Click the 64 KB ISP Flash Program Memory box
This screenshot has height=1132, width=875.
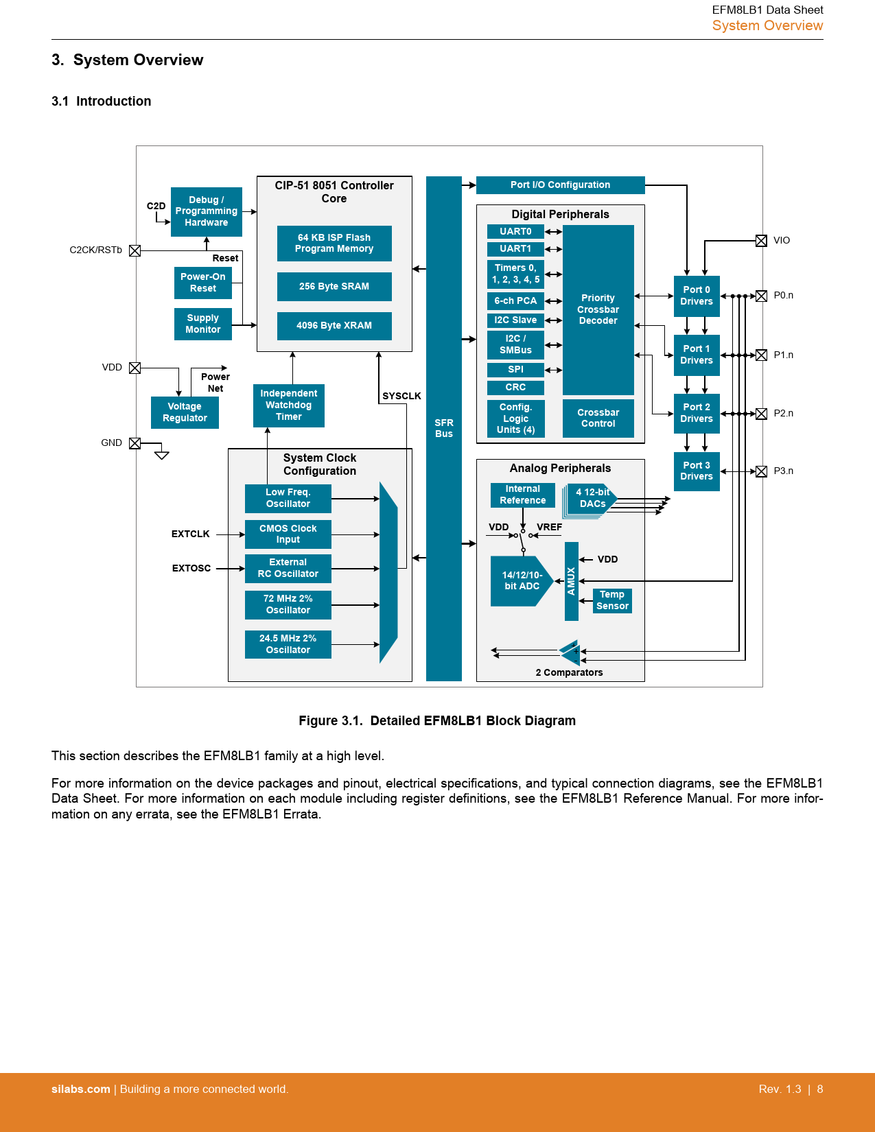334,244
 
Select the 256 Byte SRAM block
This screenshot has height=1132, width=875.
334,287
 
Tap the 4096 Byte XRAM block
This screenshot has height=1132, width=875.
334,326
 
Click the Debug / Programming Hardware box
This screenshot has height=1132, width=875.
206,211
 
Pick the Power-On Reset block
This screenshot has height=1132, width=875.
203,283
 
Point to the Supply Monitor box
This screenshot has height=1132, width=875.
203,324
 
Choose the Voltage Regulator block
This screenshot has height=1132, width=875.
185,412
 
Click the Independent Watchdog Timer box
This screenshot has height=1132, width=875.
288,405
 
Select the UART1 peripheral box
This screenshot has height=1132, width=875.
515,249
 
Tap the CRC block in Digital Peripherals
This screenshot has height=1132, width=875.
515,388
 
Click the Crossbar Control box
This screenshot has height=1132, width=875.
598,418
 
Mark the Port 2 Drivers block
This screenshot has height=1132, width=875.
697,413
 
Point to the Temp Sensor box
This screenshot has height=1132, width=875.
612,600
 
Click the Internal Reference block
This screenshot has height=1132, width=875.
523,495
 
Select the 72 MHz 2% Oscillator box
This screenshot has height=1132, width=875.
288,604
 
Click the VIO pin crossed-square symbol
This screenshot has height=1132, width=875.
761,241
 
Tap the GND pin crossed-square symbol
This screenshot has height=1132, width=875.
135,443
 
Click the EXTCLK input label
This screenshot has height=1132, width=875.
191,534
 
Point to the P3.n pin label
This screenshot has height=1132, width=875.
783,471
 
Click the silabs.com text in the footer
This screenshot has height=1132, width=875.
81,1089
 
